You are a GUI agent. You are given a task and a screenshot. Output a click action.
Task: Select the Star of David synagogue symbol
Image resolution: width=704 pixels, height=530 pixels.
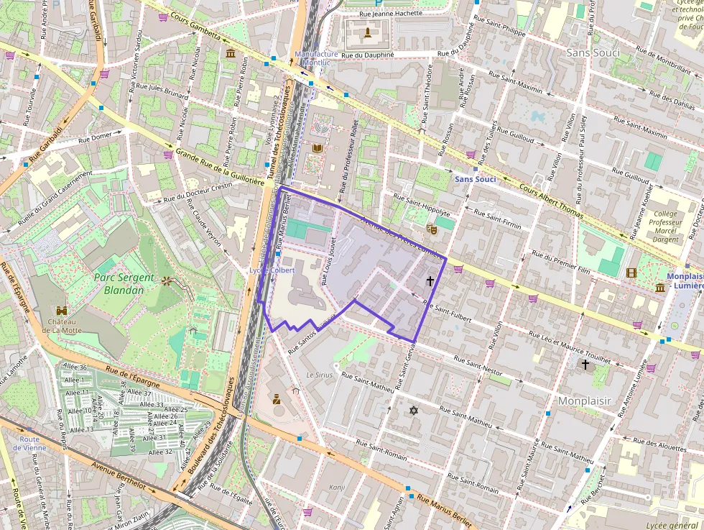[413, 410]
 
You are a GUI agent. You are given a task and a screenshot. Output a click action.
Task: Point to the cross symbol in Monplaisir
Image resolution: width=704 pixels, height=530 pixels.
[585, 365]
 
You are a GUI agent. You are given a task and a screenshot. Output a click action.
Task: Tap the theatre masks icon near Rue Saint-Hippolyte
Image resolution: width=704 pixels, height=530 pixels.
[432, 228]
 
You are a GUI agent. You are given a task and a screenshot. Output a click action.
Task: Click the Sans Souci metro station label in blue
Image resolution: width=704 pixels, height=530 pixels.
[475, 178]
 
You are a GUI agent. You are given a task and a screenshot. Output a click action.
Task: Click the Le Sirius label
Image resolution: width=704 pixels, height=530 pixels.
[319, 375]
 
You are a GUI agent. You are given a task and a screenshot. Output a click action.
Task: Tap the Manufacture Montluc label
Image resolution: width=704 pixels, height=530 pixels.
[316, 58]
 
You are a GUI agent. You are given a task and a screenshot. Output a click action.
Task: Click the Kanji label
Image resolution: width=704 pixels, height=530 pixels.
[337, 487]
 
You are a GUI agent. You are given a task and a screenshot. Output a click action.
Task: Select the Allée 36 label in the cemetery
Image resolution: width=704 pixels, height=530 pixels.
[75, 367]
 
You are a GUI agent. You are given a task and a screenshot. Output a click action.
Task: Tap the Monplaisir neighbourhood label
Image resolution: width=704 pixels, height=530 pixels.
[584, 401]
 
